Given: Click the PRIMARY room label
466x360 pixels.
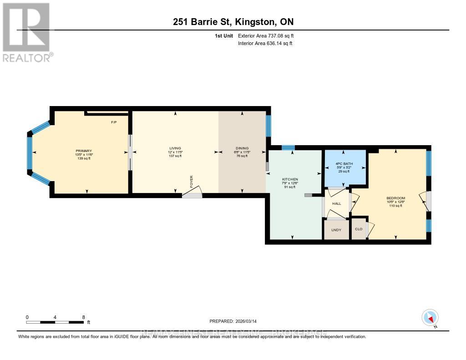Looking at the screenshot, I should click(84, 151).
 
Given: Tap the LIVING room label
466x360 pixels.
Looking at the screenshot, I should click(175, 148).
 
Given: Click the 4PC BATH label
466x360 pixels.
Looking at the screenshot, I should click(345, 164).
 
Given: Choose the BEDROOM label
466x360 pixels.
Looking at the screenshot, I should click(395, 198).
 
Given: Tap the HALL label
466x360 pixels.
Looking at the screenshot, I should click(336, 203).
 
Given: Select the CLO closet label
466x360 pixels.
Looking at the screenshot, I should click(359, 229).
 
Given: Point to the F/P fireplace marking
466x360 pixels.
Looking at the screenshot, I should click(114, 122).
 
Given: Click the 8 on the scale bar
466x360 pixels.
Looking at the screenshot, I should click(83, 317).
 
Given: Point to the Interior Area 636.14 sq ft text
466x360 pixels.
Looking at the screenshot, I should click(265, 44).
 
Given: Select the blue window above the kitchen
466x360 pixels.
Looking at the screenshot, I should click(288, 147).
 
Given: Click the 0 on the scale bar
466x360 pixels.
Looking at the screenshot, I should click(27, 317).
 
